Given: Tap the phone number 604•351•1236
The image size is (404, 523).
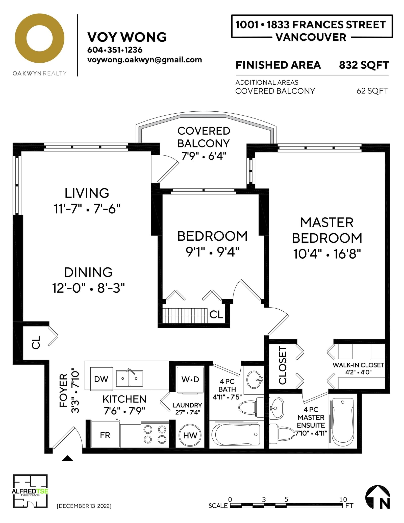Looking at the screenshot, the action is coord(115,50).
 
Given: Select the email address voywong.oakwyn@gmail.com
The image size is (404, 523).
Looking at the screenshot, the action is coord(145,60).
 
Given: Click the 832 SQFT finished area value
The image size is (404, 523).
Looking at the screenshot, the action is coord(364,65).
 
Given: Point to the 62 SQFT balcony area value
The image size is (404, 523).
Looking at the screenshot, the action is coord(372,91).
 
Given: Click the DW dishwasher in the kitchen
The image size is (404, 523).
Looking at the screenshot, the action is coord(101,379).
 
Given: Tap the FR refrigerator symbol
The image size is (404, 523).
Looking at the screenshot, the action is coord(105,435).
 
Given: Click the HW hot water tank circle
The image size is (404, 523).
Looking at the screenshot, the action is coord(190,435).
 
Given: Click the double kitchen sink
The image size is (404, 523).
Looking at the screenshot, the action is coord(129,378).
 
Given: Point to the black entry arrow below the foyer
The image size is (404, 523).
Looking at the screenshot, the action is coord(67,458).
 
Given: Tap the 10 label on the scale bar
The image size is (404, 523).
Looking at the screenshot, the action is coord(343,499).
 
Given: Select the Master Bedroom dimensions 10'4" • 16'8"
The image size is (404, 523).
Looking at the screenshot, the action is coord(327,254).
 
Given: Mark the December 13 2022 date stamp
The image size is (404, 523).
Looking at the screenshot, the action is coord(84,506).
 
